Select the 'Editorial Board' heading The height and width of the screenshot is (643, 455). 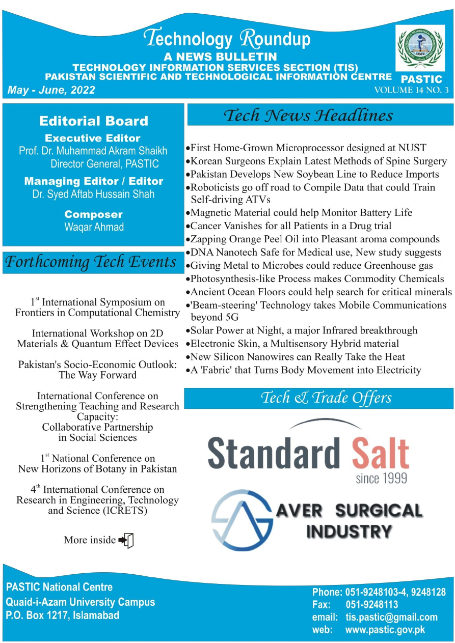[94, 121]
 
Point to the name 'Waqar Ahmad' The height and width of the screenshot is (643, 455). [94, 227]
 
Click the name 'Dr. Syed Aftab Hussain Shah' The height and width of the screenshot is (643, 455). [94, 194]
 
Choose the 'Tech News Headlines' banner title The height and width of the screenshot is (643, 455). [309, 115]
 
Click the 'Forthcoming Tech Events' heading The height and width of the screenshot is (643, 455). [91, 262]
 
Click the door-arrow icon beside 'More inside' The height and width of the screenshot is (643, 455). [126, 540]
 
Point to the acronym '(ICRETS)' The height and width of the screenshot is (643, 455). [122, 511]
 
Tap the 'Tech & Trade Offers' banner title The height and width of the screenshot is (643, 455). [326, 398]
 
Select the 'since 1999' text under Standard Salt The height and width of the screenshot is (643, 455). [382, 478]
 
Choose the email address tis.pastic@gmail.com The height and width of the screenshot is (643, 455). [391, 617]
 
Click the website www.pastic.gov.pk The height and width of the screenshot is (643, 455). [385, 630]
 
